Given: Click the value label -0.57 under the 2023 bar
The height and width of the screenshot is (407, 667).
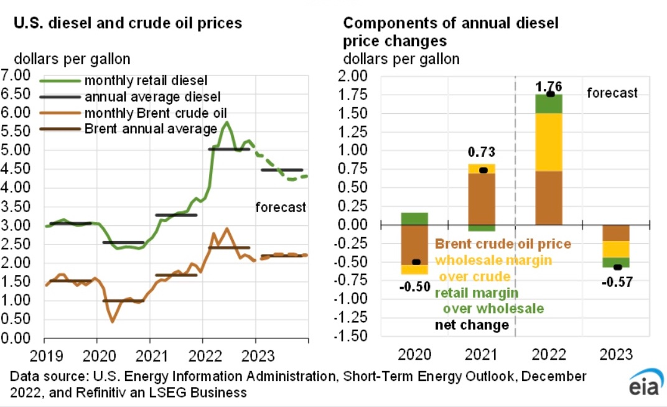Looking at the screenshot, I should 617,281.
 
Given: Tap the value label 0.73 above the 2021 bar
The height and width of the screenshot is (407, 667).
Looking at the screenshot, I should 481,152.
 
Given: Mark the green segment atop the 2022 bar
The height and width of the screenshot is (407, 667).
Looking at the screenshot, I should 549,104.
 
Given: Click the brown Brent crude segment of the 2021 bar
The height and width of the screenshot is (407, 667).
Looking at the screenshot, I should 481,199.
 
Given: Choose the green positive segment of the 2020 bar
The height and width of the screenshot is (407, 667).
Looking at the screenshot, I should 413,218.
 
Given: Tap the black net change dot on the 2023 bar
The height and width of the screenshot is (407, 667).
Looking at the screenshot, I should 617,267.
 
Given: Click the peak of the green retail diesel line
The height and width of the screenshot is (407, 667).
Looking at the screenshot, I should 227,123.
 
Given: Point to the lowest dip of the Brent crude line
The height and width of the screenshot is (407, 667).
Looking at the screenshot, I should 113,321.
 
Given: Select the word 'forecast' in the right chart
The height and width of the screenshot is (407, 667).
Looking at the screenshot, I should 613,93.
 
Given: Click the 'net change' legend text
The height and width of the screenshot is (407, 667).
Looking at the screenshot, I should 472,325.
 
